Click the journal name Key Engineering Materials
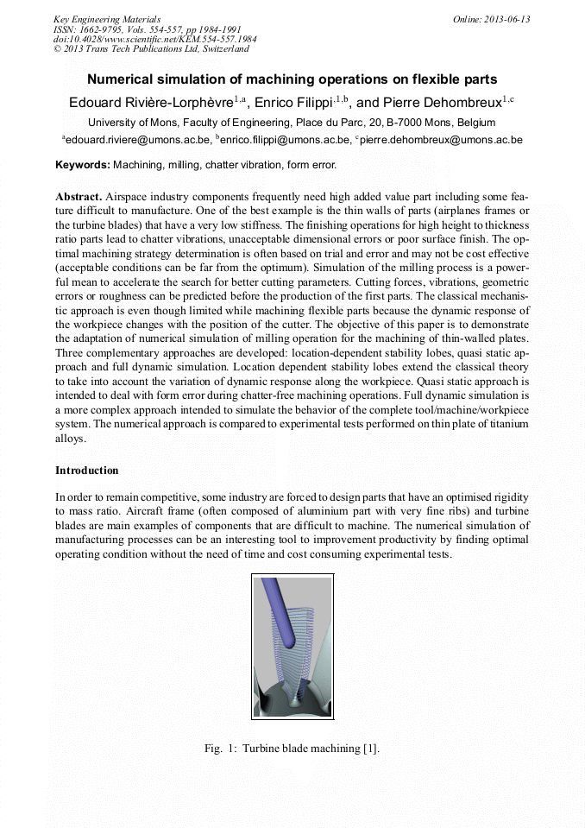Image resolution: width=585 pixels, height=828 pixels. point(106,19)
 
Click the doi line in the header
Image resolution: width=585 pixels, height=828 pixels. point(138,40)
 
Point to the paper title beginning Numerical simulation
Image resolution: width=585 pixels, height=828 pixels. point(292,79)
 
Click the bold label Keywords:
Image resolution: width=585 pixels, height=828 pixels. point(83,165)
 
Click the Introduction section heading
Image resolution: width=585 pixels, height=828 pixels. point(87,471)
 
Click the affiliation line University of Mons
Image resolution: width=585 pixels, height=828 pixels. point(292,123)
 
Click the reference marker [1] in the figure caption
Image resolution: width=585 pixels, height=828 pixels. point(370,749)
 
